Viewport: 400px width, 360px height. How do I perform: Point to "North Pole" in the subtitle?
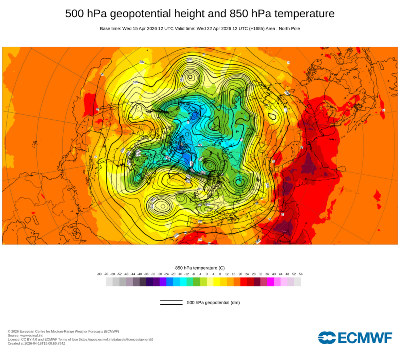pos(287,29)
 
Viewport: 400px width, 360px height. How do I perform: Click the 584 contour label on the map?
pos(142,62)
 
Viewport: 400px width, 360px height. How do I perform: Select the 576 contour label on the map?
pos(135,82)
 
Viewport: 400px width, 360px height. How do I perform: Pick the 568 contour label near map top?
pos(190,59)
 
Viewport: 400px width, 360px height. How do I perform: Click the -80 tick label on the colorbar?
pos(99,274)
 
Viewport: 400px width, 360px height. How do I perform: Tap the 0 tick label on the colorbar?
pos(207,274)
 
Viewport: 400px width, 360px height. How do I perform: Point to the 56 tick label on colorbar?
pos(301,274)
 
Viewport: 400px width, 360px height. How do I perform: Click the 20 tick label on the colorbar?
pos(240,274)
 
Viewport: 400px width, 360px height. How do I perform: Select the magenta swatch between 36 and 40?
pos(270,282)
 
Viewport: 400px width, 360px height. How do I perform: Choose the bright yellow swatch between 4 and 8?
pos(217,282)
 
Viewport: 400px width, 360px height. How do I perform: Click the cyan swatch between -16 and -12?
pos(183,282)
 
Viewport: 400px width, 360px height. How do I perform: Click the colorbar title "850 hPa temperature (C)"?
pos(200,268)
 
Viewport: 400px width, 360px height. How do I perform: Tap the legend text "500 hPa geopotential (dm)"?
pos(213,302)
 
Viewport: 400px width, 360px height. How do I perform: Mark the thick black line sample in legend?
pos(171,304)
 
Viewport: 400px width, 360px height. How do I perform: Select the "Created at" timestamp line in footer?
pos(36,343)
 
